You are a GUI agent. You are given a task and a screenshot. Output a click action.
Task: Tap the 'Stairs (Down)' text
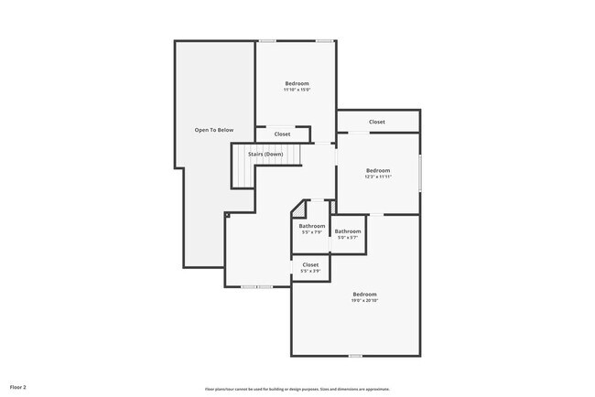click(x=265, y=154)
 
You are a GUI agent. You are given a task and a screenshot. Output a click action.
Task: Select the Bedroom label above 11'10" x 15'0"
click(x=297, y=83)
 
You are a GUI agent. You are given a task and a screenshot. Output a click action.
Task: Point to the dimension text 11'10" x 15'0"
click(x=297, y=90)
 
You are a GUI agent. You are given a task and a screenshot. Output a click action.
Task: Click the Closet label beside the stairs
click(x=282, y=134)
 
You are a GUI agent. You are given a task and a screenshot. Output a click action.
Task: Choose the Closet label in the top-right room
click(x=377, y=122)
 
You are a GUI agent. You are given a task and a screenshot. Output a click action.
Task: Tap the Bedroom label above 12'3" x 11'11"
click(x=378, y=170)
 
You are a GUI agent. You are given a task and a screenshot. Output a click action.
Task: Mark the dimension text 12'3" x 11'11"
click(x=378, y=177)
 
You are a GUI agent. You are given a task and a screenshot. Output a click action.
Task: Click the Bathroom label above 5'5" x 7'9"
click(x=311, y=226)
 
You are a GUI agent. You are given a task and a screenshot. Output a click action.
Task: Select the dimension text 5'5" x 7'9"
click(x=311, y=232)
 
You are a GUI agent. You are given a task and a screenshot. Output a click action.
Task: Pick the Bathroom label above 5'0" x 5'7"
click(x=347, y=231)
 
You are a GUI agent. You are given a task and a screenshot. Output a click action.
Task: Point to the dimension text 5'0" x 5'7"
click(x=347, y=238)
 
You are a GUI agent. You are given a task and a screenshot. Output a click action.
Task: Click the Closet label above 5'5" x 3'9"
click(x=310, y=264)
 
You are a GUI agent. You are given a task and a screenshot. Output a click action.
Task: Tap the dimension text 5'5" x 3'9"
click(x=310, y=271)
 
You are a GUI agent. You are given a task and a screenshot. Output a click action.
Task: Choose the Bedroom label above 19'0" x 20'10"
click(x=364, y=294)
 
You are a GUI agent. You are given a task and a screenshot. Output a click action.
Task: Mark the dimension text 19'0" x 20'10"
click(x=364, y=300)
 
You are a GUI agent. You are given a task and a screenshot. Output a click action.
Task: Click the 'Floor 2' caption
click(x=18, y=388)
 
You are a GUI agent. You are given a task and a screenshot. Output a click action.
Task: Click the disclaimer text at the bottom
click(x=297, y=389)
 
